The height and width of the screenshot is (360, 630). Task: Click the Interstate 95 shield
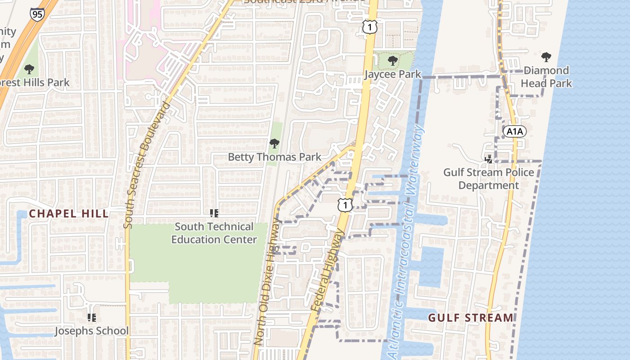(37, 14)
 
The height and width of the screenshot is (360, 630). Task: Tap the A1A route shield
(514, 131)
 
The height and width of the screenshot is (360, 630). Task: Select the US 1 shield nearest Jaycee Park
(369, 28)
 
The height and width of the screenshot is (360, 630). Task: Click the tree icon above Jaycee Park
(393, 60)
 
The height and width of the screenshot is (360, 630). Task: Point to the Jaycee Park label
(393, 74)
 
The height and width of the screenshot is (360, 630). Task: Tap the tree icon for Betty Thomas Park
(274, 144)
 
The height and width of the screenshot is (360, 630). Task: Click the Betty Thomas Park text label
(274, 157)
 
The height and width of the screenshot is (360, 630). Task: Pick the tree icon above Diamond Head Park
(546, 57)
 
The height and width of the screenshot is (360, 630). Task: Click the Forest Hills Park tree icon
(29, 69)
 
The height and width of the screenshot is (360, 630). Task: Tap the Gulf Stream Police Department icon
(489, 159)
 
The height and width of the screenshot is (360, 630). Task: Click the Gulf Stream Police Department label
(489, 179)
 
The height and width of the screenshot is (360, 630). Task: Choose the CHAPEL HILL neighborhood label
(69, 214)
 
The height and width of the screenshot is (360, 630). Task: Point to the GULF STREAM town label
(470, 318)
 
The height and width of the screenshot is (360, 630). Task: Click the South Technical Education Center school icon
(214, 213)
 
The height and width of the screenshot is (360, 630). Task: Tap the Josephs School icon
(92, 318)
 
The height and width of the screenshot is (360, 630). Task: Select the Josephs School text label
(92, 331)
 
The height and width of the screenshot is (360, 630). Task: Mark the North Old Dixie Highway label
(269, 282)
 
